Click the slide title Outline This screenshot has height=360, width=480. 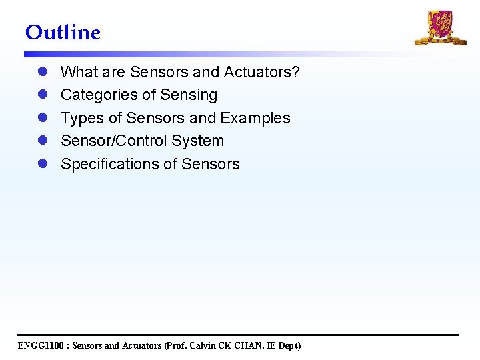pos(63,32)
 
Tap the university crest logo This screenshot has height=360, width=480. pos(440,28)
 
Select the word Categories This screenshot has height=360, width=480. pos(98,95)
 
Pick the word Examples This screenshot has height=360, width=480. pos(255,119)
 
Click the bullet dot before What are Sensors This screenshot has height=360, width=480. pos(42,72)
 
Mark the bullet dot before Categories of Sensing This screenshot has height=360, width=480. pos(42,95)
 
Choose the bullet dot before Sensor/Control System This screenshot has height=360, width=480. pos(42,141)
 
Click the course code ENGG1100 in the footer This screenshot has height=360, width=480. pos(41,345)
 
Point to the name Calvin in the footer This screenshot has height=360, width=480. pos(205,345)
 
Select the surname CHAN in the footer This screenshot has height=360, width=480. pos(250,345)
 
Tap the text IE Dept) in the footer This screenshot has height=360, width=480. pos(285,345)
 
